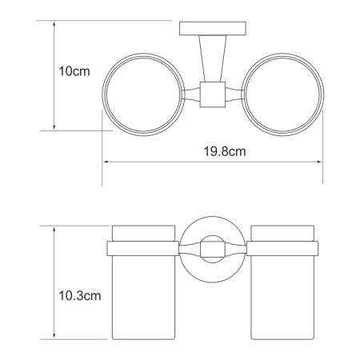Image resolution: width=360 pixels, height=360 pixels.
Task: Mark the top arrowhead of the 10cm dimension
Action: click(53, 24)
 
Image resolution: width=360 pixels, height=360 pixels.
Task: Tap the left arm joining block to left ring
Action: click(192, 95)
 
